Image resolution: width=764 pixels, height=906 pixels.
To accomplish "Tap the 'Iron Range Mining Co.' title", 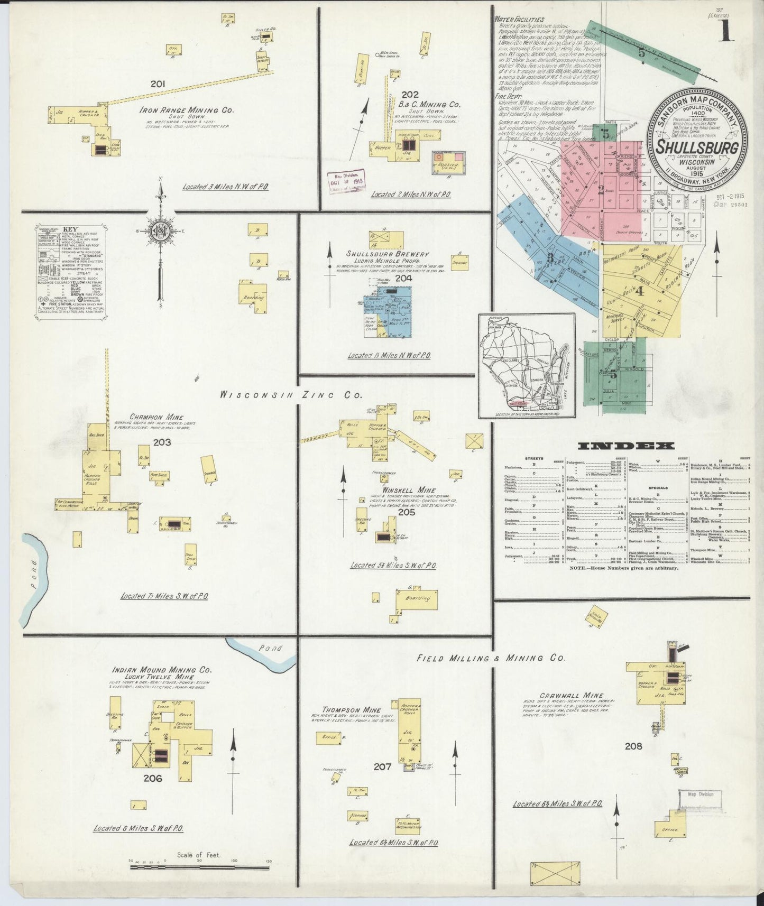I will [186, 110].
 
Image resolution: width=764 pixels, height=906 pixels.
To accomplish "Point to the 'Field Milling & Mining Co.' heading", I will [491, 658].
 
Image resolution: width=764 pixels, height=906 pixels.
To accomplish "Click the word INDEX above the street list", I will [626, 446].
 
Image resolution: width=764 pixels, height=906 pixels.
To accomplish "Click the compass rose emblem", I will [159, 232].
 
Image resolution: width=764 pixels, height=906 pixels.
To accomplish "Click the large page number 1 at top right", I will [726, 31].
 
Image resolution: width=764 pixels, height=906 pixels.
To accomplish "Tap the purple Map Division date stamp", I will [346, 182].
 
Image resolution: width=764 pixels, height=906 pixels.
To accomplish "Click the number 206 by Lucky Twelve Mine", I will [152, 778].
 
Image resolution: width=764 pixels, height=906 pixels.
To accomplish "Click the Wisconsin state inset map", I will [527, 365].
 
